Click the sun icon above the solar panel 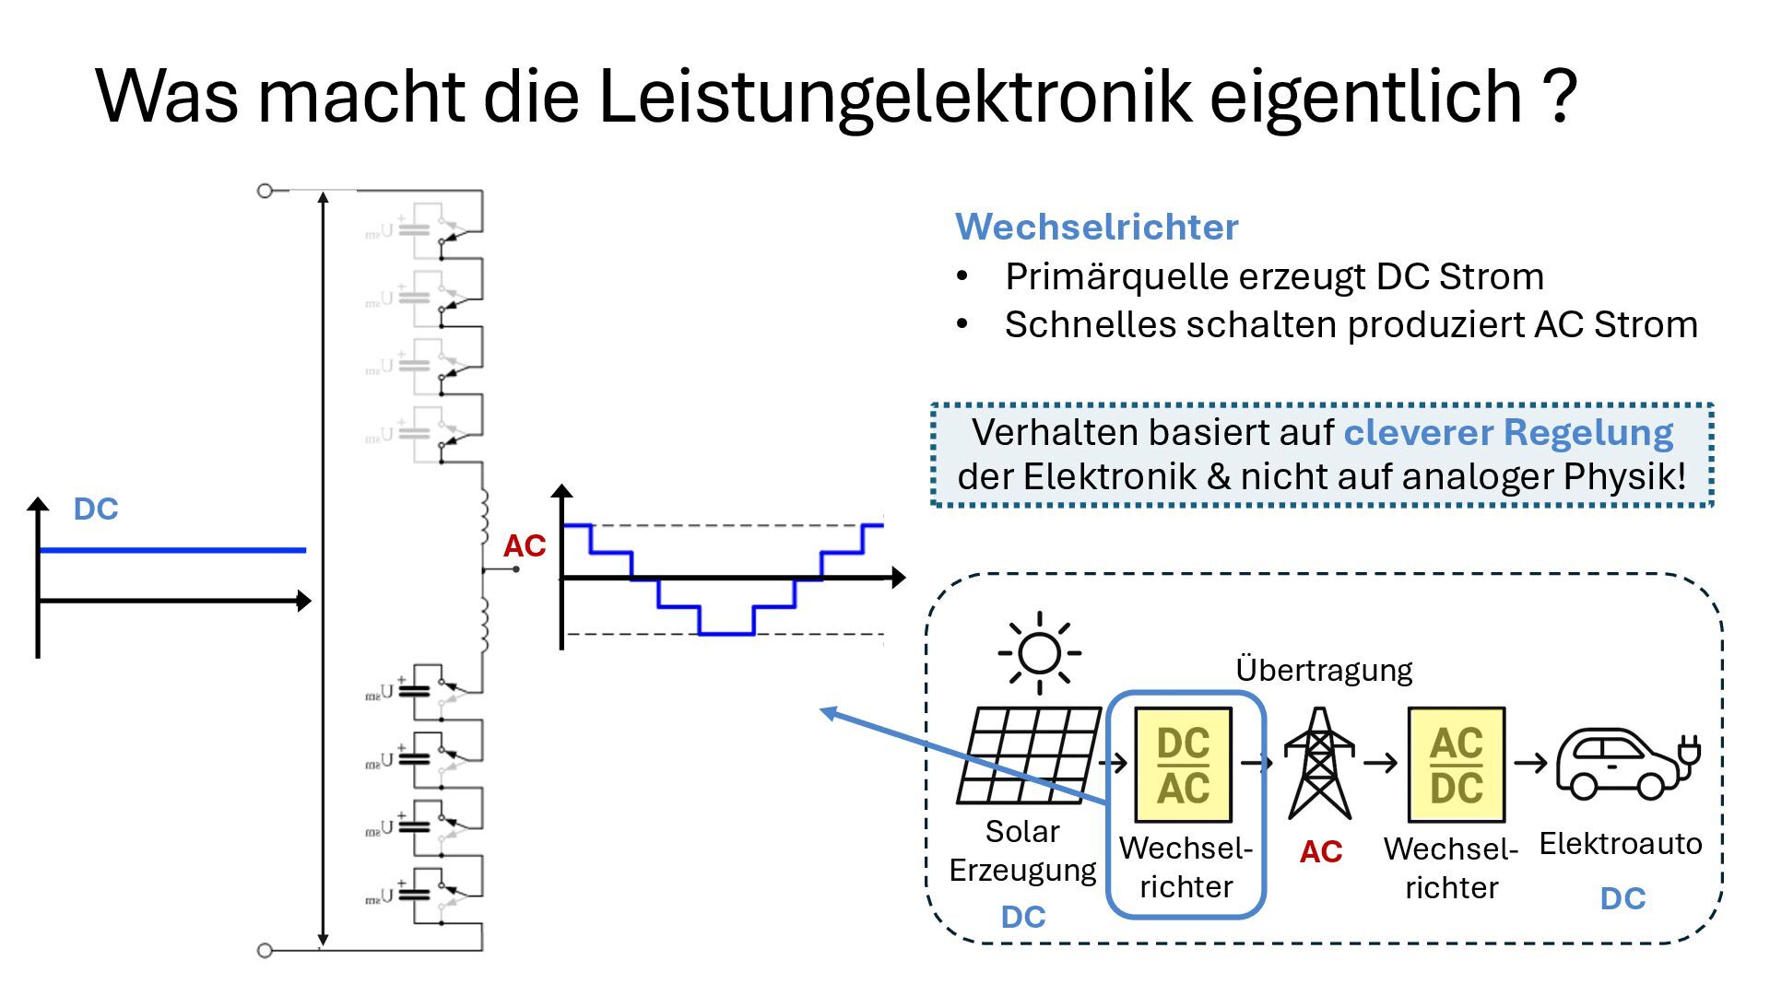(x=1039, y=653)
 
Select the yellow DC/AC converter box (x=1183, y=765)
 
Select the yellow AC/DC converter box (x=1457, y=765)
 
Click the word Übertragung (x=1323, y=670)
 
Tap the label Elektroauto (x=1620, y=844)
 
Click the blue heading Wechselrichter (x=1096, y=227)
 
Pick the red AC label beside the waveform (x=524, y=546)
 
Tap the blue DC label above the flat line (x=96, y=509)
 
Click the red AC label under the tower (x=1320, y=852)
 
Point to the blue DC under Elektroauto (x=1622, y=898)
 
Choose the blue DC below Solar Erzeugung (x=1023, y=917)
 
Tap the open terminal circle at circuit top (x=265, y=191)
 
